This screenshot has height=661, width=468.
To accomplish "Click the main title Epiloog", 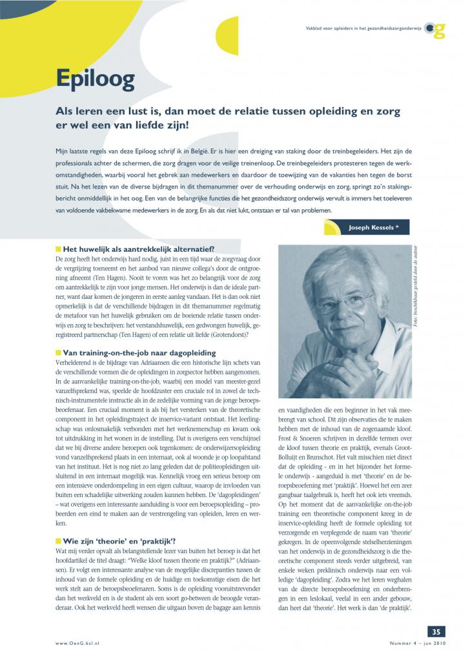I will pyautogui.click(x=95, y=79).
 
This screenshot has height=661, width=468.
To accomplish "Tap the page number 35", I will pyautogui.click(x=436, y=631).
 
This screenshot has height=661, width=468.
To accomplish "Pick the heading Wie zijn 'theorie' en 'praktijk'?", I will pyautogui.click(x=122, y=540).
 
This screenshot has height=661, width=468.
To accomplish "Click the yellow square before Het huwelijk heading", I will pyautogui.click(x=57, y=249).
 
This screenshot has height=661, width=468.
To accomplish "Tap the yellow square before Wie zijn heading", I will pyautogui.click(x=57, y=540).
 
